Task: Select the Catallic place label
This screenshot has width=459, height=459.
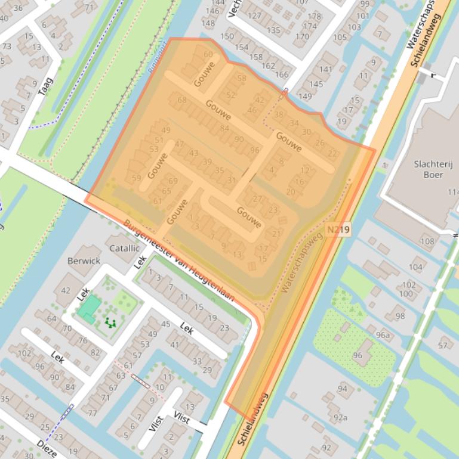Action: pyautogui.click(x=124, y=248)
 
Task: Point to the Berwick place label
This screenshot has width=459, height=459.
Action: pyautogui.click(x=84, y=260)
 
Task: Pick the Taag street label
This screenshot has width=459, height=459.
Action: pyautogui.click(x=45, y=87)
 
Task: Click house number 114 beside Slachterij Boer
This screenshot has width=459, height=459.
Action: pyautogui.click(x=454, y=192)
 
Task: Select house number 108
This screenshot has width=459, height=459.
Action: pyautogui.click(x=427, y=241)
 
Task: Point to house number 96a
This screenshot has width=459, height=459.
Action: pyautogui.click(x=382, y=335)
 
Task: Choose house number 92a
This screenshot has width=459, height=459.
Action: pyautogui.click(x=340, y=417)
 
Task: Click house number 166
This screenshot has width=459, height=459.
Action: pyautogui.click(x=282, y=75)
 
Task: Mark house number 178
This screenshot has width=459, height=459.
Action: pyautogui.click(x=315, y=16)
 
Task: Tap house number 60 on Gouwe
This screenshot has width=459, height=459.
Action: pyautogui.click(x=208, y=55)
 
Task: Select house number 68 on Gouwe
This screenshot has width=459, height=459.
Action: pyautogui.click(x=182, y=100)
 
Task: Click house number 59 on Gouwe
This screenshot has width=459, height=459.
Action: pyautogui.click(x=136, y=178)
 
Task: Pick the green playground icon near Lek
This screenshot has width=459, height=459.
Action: pyautogui.click(x=109, y=322)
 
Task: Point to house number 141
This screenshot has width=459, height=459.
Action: pyautogui.click(x=325, y=69)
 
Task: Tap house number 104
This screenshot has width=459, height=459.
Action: pyautogui.click(x=415, y=267)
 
